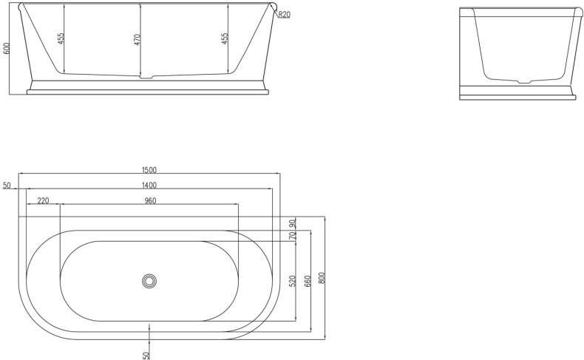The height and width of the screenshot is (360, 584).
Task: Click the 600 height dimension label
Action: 7,48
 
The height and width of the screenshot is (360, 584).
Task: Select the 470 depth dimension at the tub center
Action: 137,39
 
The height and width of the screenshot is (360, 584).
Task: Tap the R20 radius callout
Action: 285,14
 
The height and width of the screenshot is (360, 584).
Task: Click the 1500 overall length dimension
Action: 149,169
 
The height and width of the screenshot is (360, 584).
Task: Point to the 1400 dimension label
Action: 149,185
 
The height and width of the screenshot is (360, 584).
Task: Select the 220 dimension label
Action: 43,200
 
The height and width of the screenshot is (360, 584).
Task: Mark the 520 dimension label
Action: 293,281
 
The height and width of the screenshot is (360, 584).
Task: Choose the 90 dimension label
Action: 293,223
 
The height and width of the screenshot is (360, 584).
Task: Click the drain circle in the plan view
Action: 149,280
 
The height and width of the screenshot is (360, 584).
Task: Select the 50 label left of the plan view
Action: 6,186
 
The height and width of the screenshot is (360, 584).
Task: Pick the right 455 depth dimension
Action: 225,39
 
